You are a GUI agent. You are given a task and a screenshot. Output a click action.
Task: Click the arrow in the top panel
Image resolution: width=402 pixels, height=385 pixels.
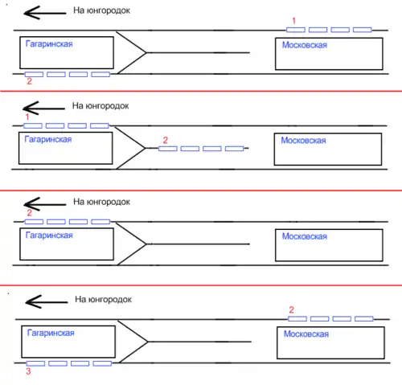[45, 13]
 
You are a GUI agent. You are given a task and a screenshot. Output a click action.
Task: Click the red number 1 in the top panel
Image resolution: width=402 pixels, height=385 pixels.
[293, 21]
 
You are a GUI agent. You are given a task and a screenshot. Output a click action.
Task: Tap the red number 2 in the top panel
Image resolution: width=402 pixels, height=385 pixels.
[29, 81]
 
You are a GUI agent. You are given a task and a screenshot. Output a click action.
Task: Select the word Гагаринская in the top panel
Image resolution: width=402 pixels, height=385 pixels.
[49, 44]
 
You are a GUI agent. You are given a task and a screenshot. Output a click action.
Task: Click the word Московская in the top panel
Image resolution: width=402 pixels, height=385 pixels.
[305, 45]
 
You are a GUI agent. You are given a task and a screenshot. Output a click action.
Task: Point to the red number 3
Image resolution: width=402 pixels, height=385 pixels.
[28, 371]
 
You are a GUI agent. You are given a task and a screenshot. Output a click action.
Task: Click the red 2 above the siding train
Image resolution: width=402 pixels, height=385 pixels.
[166, 140]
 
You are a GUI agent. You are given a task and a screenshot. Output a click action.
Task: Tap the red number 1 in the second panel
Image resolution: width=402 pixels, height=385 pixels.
[27, 117]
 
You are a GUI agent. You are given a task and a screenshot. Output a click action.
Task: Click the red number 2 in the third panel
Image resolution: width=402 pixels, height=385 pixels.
[29, 213]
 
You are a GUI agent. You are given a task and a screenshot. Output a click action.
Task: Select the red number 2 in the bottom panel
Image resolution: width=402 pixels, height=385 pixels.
[292, 310]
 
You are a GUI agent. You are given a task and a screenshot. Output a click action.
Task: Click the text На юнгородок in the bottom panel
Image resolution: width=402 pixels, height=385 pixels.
[103, 299]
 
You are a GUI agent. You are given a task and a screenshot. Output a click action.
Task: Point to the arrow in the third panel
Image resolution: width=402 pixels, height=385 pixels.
[45, 204]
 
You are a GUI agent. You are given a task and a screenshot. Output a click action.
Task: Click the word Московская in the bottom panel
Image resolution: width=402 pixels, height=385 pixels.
[306, 334]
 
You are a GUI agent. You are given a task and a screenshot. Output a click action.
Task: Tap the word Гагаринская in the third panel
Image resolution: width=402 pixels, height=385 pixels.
[49, 236]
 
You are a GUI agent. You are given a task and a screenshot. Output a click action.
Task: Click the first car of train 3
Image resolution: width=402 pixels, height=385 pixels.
[35, 363]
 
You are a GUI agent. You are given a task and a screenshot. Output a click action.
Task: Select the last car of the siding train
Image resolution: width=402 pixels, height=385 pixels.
[234, 149]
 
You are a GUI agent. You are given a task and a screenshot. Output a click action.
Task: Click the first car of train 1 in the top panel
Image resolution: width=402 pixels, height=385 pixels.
[296, 30]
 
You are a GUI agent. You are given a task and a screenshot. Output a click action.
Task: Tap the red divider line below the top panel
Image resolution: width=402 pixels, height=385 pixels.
[201, 91]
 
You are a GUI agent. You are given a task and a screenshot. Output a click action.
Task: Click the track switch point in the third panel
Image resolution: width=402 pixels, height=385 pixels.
[146, 244]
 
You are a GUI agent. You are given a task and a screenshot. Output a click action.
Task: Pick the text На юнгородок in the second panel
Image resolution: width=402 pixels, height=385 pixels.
[100, 106]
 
